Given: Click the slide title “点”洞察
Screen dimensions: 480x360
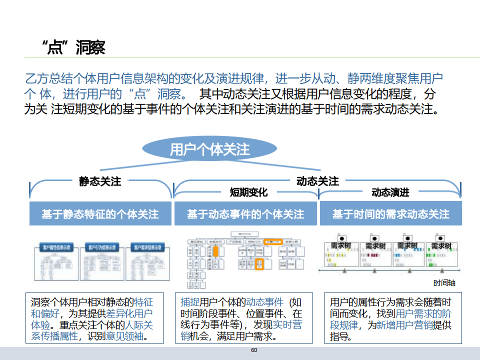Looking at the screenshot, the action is click(73, 47).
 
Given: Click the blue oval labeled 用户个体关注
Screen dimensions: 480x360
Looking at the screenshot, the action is click(209, 149).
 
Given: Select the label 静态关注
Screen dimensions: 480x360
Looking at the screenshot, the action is click(100, 181).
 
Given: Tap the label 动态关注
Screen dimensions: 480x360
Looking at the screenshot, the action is click(317, 181).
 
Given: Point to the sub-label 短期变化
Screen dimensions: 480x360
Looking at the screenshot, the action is click(248, 192).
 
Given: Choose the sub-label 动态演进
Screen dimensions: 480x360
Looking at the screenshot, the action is click(390, 192).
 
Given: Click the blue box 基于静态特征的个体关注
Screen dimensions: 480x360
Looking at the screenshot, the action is click(100, 214).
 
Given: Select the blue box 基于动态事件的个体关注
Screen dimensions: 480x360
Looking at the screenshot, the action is click(245, 214).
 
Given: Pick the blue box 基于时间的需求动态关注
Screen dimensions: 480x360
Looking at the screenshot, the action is click(390, 214).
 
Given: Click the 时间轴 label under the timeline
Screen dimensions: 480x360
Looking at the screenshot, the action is click(444, 283).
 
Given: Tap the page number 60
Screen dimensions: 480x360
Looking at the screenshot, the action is click(254, 350).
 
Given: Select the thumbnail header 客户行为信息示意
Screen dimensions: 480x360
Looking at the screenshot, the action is click(101, 247).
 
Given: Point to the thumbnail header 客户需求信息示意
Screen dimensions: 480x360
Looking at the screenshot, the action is click(148, 247).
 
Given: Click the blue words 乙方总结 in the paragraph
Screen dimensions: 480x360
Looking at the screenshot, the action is click(44, 78).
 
